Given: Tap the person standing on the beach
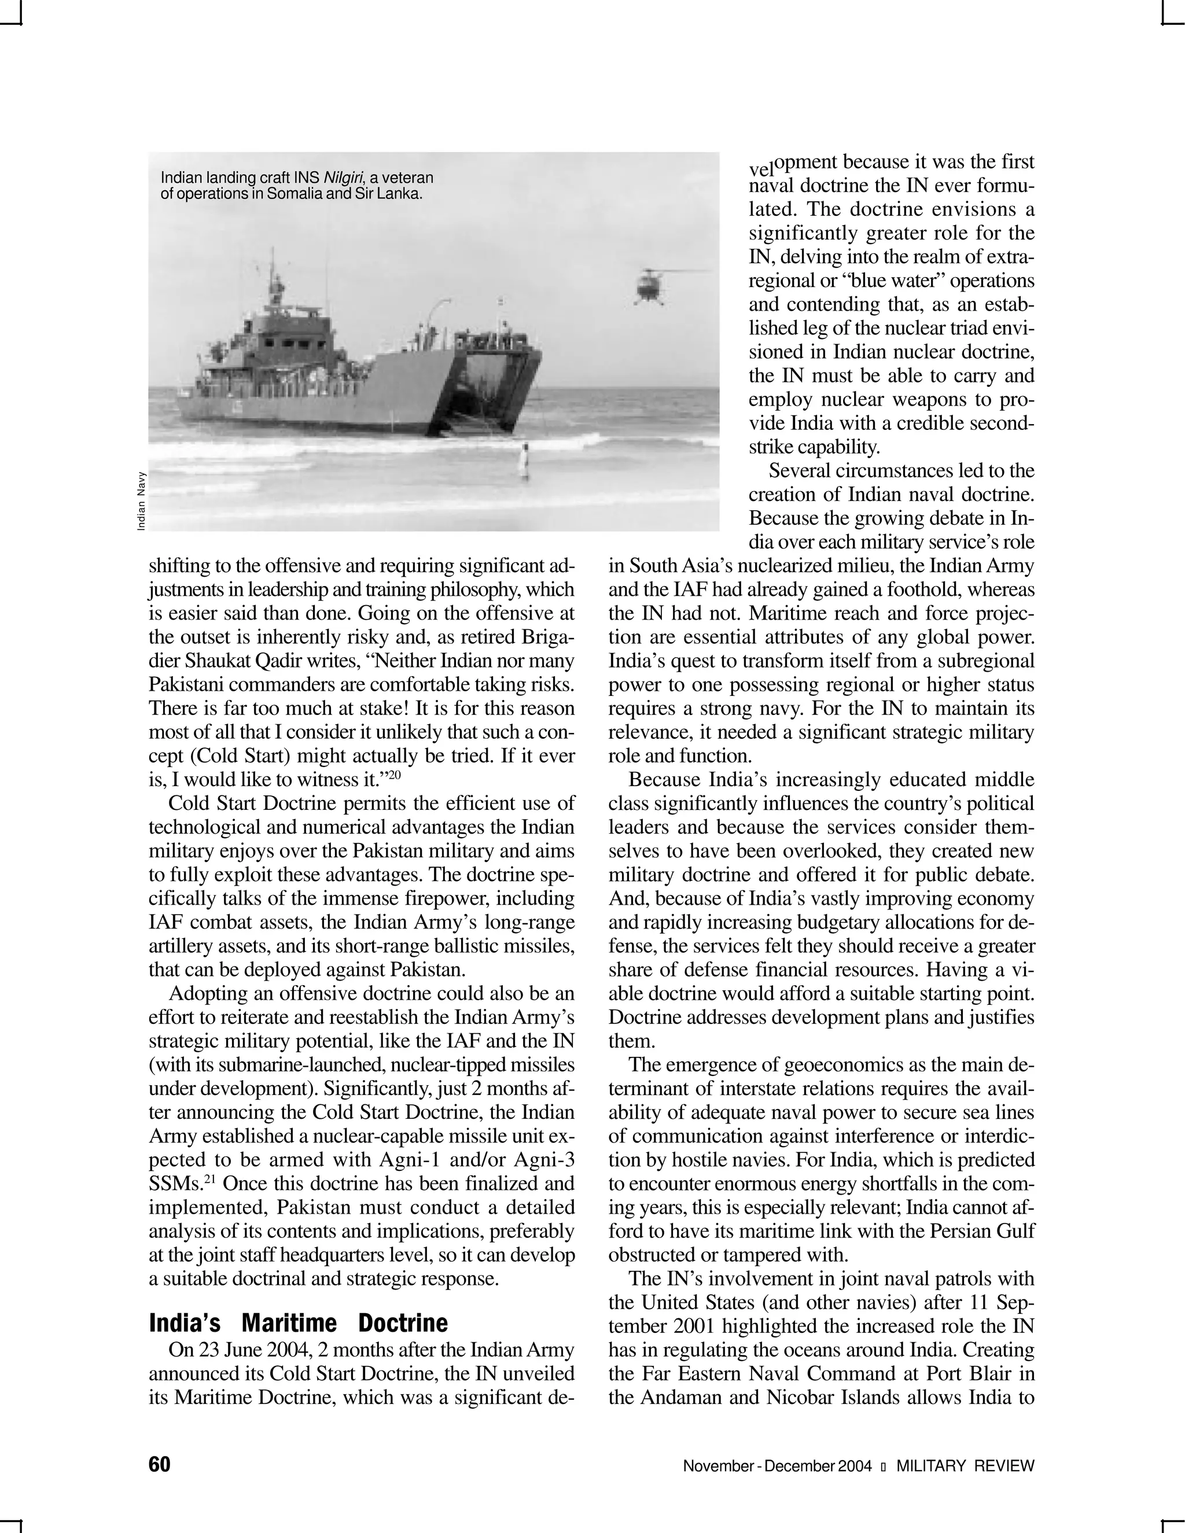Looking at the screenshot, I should point(524,460).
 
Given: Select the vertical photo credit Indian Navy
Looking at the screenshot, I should point(141,500).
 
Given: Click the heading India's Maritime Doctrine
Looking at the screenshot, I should point(299,1323).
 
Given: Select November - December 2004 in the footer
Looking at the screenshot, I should point(777,1466).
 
